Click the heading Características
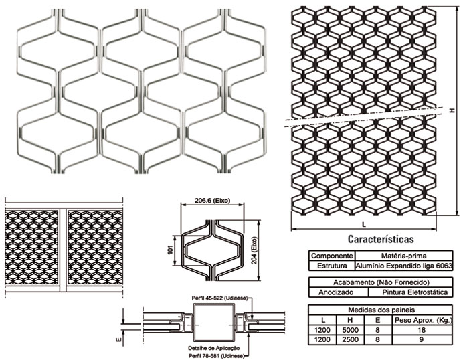tap(381, 239)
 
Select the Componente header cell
tap(332, 256)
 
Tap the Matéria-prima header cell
tap(403, 256)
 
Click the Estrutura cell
tap(332, 266)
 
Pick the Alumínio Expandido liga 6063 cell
tap(403, 266)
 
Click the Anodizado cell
tap(339, 292)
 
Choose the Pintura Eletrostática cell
tap(410, 292)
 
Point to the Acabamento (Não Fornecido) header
tap(381, 282)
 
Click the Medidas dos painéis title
tap(381, 310)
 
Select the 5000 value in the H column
tap(350, 330)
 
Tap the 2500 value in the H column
tap(350, 339)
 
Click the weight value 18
tap(422, 330)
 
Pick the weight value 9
tap(422, 339)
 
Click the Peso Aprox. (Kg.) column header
tap(423, 320)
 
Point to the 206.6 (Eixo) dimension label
tap(212, 201)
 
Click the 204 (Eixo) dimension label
tap(254, 250)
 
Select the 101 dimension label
tap(170, 250)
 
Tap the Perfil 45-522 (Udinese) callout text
tap(219, 298)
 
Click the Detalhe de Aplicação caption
tap(214, 348)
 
